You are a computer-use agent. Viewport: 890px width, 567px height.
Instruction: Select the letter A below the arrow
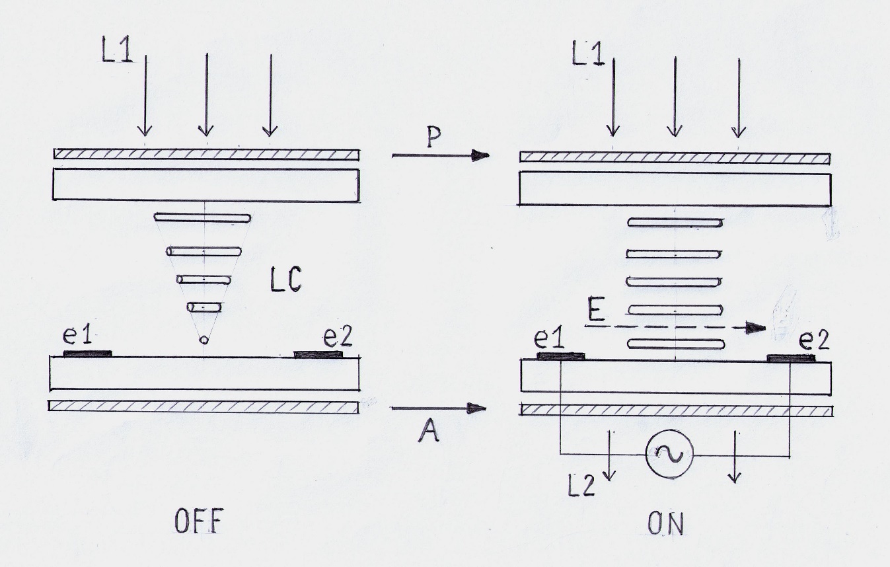tap(429, 432)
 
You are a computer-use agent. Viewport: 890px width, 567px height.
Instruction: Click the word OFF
tap(197, 521)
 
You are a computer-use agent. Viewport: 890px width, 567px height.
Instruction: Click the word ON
tap(665, 523)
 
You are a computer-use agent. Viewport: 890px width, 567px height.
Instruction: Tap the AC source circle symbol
tap(670, 454)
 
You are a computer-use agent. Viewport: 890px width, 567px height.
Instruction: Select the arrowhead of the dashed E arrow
tap(756, 328)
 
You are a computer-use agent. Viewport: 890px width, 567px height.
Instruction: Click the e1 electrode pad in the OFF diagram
tap(88, 354)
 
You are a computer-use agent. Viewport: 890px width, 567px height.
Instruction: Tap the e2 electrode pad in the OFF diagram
tap(318, 354)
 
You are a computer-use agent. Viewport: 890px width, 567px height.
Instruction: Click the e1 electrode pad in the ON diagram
tap(560, 356)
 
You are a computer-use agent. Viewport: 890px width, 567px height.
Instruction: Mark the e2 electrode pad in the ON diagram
tap(791, 358)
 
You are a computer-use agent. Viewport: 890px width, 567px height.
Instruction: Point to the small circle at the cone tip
tap(204, 340)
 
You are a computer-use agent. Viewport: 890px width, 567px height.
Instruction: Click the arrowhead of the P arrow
tap(480, 155)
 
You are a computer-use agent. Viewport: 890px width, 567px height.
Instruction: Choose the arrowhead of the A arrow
tap(477, 408)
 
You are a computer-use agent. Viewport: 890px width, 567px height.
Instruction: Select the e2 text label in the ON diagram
tap(814, 340)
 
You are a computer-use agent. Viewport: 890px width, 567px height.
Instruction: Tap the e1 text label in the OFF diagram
tap(77, 335)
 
